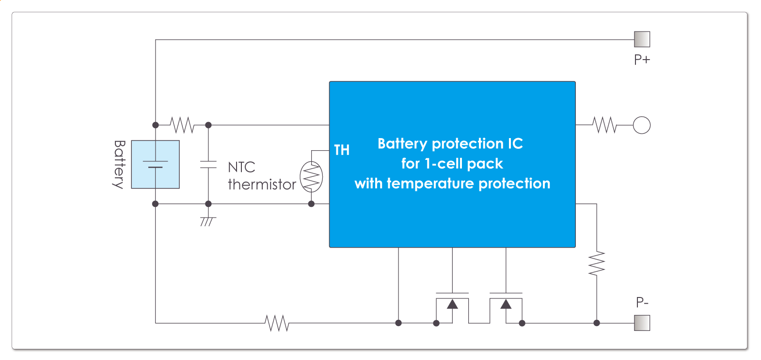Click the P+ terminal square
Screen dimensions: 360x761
(642, 39)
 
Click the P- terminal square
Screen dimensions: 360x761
(642, 323)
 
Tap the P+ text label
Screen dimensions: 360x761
(642, 60)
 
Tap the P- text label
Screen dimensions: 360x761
(642, 302)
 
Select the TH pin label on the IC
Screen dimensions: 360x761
(342, 150)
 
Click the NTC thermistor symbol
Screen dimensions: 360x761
(311, 177)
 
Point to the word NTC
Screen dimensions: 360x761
(241, 167)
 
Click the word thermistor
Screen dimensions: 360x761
(262, 185)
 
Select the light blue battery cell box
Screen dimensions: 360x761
(155, 164)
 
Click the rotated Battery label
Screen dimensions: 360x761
(119, 164)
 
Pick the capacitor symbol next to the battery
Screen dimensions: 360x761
(208, 164)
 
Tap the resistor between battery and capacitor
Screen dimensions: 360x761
(182, 125)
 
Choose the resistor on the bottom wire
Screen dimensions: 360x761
(277, 323)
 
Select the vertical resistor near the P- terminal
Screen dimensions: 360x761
(597, 264)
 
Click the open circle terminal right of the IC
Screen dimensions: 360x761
(642, 125)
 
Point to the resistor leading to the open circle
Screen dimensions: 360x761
(604, 125)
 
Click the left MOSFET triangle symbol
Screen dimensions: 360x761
(452, 304)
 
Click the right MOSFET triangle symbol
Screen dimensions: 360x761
(506, 304)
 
